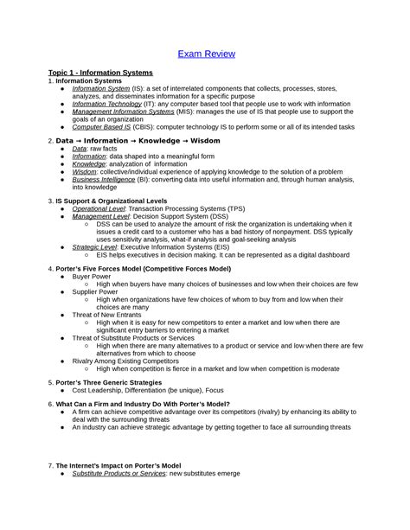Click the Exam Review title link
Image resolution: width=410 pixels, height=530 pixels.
[205, 54]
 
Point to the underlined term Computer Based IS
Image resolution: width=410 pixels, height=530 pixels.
[102, 126]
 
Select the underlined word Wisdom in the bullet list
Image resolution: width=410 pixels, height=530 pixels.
[85, 171]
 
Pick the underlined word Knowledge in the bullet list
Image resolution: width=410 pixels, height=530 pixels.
[89, 163]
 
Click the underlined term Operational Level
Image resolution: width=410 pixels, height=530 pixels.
[99, 208]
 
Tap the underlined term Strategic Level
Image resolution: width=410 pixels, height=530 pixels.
[93, 246]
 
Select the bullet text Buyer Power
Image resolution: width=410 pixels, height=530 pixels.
[93, 277]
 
